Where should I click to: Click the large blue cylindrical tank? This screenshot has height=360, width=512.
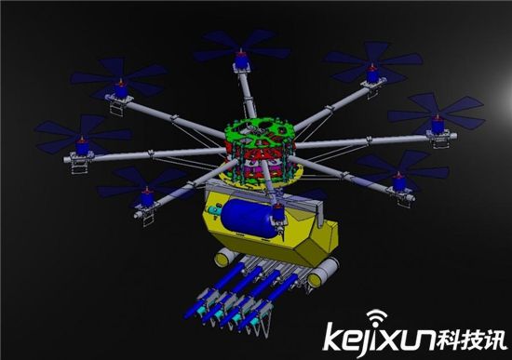tap(248, 218)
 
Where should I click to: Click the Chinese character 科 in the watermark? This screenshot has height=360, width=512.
tap(449, 340)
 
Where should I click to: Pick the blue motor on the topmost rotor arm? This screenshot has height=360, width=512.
tap(241, 59)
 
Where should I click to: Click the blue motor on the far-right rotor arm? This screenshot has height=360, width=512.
tap(438, 125)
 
